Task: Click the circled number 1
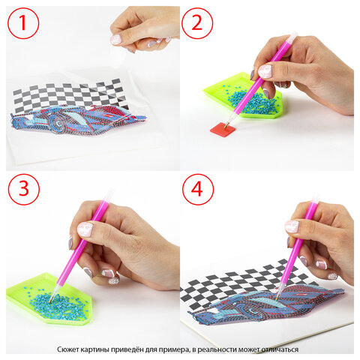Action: (x=23, y=23)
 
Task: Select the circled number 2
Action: (x=197, y=23)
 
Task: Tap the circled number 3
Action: (x=24, y=189)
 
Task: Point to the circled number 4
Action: (x=198, y=189)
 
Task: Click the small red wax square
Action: (x=223, y=129)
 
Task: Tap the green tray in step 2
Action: (x=244, y=96)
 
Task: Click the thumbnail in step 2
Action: (x=265, y=71)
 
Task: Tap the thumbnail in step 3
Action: (x=85, y=229)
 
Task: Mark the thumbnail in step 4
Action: (x=292, y=226)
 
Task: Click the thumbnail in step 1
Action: (x=115, y=40)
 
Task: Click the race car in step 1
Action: (x=77, y=118)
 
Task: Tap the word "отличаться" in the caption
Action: (x=280, y=349)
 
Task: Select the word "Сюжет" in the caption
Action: (x=67, y=349)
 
